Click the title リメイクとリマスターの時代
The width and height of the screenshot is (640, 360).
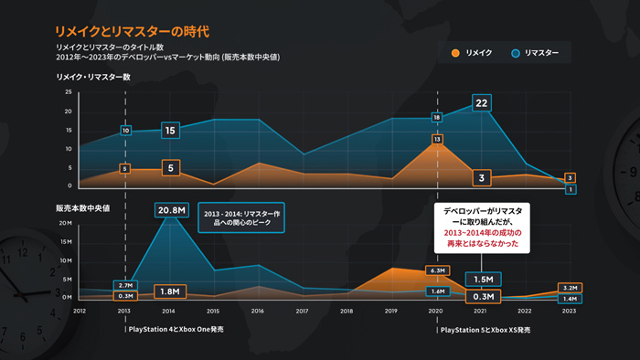(x=132, y=30)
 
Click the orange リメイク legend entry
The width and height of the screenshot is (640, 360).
(x=473, y=54)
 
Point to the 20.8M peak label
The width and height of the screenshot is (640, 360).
(x=172, y=210)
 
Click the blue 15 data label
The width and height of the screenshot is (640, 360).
(x=169, y=131)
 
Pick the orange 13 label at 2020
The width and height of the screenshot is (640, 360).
(x=438, y=140)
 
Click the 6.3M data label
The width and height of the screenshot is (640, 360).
(x=436, y=271)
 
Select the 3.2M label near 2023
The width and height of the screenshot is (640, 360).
(x=568, y=287)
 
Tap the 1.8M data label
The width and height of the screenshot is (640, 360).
(x=169, y=291)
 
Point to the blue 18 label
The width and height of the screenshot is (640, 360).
(x=437, y=118)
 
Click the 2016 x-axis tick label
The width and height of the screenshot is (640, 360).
(x=258, y=312)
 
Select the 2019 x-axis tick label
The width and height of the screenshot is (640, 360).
(x=390, y=312)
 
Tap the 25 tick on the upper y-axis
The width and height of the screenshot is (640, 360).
(x=68, y=92)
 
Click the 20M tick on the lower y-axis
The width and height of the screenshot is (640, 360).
(x=65, y=223)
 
